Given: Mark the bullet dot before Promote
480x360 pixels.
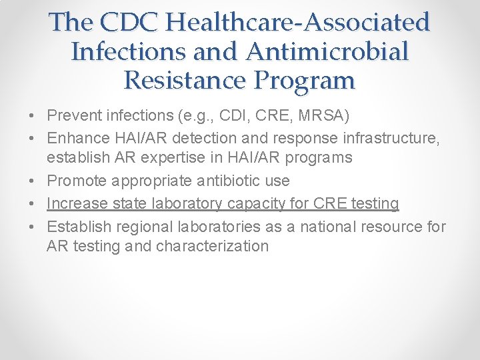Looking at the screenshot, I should (33, 181).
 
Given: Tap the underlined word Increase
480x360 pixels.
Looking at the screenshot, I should (75, 203).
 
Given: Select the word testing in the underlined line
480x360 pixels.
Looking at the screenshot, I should (374, 203).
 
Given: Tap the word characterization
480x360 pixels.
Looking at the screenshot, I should (212, 246).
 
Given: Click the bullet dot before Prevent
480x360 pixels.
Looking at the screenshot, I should (33, 115).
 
